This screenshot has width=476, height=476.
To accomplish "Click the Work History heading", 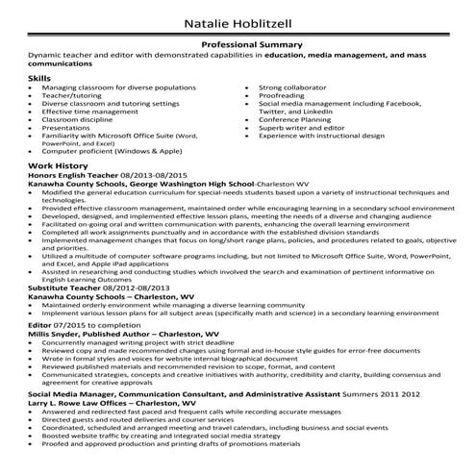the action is pos(56,167).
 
